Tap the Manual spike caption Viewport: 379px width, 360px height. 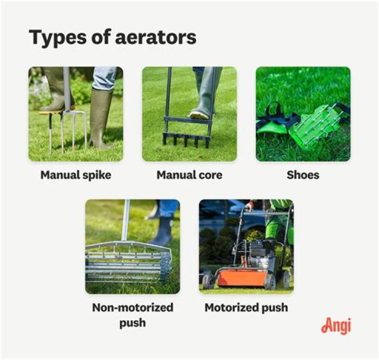pyautogui.click(x=76, y=175)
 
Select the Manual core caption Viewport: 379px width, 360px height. pyautogui.click(x=189, y=175)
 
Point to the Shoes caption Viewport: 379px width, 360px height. pyautogui.click(x=303, y=175)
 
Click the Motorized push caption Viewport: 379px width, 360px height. pyautogui.click(x=246, y=308)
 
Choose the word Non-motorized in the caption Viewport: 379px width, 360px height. pyautogui.click(x=133, y=308)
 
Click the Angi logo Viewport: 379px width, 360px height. pyautogui.click(x=335, y=326)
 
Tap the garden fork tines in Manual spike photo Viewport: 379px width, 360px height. pyautogui.click(x=68, y=132)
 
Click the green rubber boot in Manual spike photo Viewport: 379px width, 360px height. pyautogui.click(x=101, y=118)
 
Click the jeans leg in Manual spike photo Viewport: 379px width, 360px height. pyautogui.click(x=106, y=77)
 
